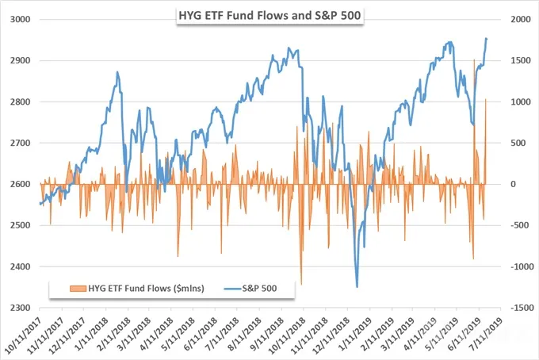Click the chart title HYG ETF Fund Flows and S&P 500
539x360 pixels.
point(269,16)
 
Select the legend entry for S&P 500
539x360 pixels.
point(250,288)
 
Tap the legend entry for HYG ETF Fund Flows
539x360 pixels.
point(137,288)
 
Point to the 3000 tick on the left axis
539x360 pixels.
point(21,19)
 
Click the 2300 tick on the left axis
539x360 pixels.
point(21,308)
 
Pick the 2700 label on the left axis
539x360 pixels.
point(21,143)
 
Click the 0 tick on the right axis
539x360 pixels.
point(513,184)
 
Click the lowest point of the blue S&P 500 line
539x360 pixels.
point(357,287)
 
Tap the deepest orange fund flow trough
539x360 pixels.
point(301,285)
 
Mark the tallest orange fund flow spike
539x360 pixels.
point(474,59)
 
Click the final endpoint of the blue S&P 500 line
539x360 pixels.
point(487,39)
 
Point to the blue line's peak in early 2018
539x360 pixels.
point(117,72)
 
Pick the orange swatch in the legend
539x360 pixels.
point(78,289)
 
